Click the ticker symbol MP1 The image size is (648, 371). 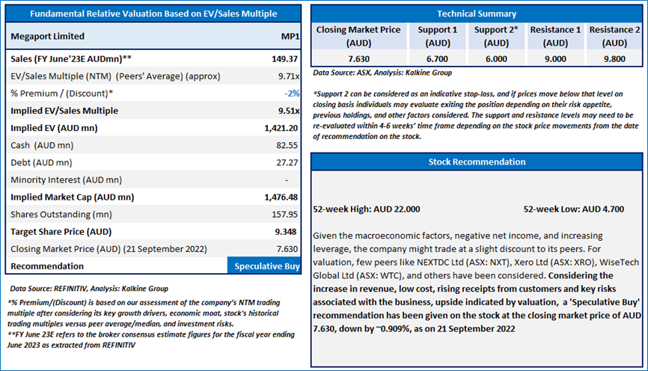(x=290, y=37)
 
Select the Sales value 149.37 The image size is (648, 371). (x=285, y=59)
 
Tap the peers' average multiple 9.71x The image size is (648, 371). (x=289, y=76)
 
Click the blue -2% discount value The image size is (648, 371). (x=292, y=93)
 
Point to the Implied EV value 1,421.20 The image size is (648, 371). (x=281, y=128)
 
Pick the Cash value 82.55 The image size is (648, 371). (x=287, y=145)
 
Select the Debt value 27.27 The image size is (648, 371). (x=287, y=163)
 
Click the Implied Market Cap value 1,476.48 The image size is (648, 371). (x=281, y=197)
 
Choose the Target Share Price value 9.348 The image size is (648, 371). (x=286, y=232)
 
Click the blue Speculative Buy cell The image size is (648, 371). (x=264, y=266)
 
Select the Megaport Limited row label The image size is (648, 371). (x=48, y=37)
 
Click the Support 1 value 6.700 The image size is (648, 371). (x=437, y=59)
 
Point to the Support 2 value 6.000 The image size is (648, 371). (x=496, y=59)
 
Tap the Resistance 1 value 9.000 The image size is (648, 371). (x=555, y=59)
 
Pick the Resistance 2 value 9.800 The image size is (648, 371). (x=614, y=59)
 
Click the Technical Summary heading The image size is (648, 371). (x=477, y=13)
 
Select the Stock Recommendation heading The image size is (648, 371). (x=477, y=162)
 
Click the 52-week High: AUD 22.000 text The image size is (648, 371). (x=367, y=209)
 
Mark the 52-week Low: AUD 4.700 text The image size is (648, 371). (x=574, y=209)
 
